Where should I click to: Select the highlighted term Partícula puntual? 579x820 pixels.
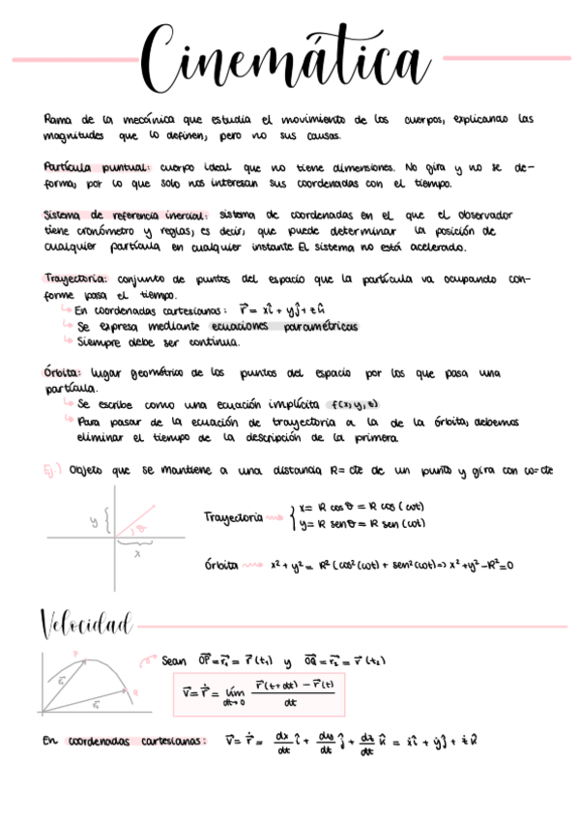click(95, 166)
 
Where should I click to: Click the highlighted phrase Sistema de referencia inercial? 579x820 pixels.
click(125, 215)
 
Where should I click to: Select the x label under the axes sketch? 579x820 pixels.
click(136, 554)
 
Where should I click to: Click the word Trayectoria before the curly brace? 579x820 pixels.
click(233, 517)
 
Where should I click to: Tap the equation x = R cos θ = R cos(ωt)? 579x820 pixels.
click(362, 507)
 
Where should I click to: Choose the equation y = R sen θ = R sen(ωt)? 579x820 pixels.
click(362, 525)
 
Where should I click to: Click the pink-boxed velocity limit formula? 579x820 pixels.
click(262, 692)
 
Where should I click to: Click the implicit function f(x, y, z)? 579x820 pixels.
click(352, 404)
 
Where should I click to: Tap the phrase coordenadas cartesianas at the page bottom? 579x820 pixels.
click(137, 742)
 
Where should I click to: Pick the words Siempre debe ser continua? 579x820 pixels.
click(157, 341)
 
